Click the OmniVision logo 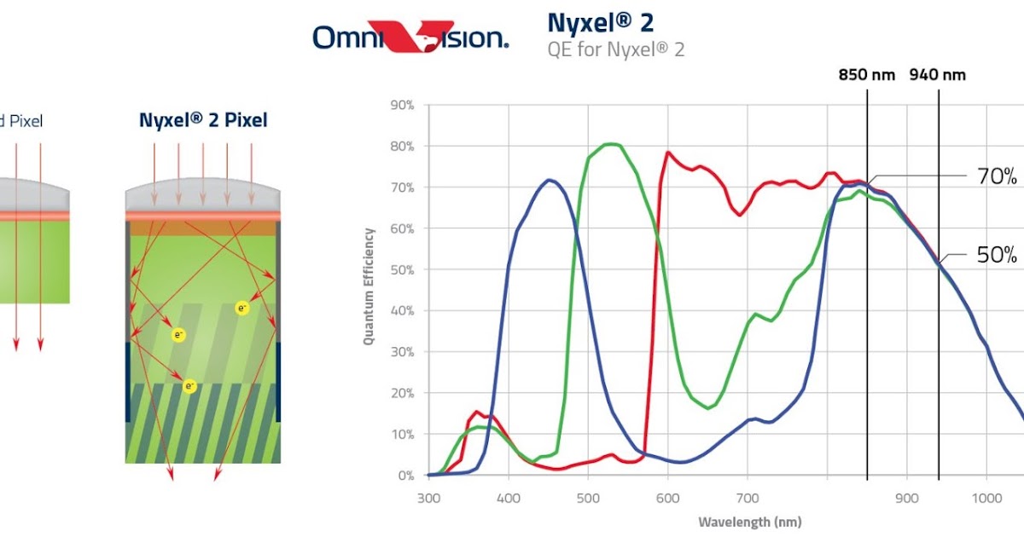coord(410,37)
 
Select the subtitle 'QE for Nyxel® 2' coord(615,49)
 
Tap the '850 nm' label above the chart coord(867,74)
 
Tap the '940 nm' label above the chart coord(938,74)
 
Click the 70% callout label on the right coord(996,177)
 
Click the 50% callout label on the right coord(996,255)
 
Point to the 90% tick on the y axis coord(402,106)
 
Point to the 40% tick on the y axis coord(402,311)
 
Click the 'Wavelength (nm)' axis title coord(749,522)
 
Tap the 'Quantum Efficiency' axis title coord(369,286)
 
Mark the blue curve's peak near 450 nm coord(550,180)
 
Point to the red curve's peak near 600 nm coord(667,153)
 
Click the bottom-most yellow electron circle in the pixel coord(190,386)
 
